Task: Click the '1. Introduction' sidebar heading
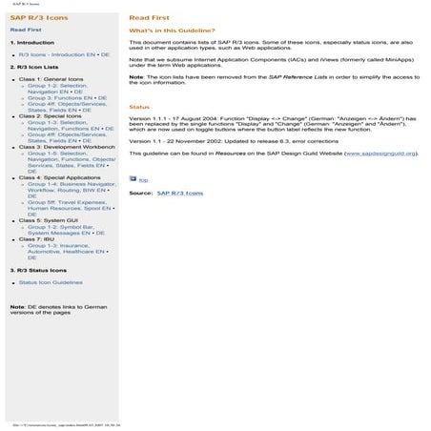coord(31,43)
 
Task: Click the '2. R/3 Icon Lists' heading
coord(36,68)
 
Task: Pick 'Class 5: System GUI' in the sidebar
coord(49,220)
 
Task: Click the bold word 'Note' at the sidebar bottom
coord(17,306)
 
